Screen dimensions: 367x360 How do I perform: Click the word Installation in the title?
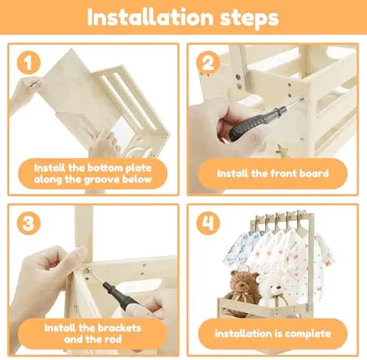point(150,17)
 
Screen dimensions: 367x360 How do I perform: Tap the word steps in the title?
point(249,19)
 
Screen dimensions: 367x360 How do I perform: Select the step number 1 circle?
point(29,63)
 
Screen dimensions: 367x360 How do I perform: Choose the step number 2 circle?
point(208,62)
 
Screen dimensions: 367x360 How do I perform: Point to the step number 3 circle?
point(29,223)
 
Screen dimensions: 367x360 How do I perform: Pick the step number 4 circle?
point(208,223)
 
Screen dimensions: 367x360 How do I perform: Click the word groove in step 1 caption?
point(105,180)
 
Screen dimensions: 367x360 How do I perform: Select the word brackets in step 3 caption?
point(120,328)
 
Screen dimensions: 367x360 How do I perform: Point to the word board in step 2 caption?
point(317,174)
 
